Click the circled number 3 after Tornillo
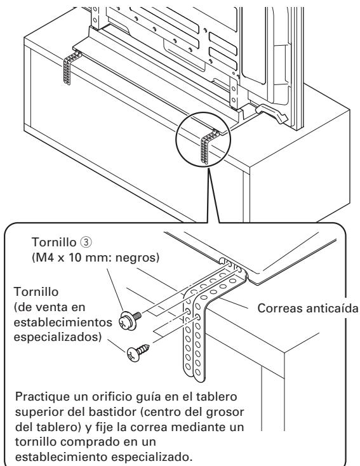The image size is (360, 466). pyautogui.click(x=86, y=243)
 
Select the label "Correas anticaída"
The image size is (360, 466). pyautogui.click(x=308, y=308)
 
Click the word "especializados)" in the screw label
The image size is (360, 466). pyautogui.click(x=58, y=338)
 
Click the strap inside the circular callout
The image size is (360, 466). pyautogui.click(x=208, y=145)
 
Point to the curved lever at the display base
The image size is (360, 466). pyautogui.click(x=271, y=113)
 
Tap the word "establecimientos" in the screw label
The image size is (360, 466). pyautogui.click(x=63, y=323)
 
